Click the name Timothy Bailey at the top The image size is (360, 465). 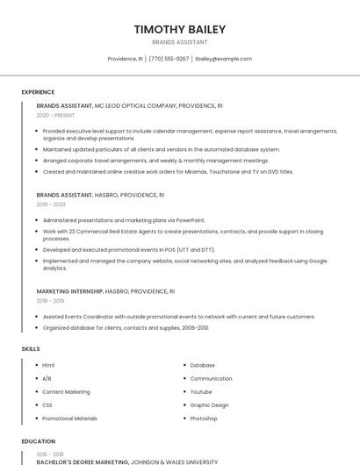(x=180, y=29)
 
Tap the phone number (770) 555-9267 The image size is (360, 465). (x=169, y=59)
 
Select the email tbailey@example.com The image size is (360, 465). (x=223, y=59)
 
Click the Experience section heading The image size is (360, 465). (x=38, y=92)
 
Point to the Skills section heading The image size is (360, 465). (x=31, y=349)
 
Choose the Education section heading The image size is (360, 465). (x=39, y=441)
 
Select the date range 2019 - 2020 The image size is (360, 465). (x=51, y=204)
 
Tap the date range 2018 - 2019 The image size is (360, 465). (x=50, y=300)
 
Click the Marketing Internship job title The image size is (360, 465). (x=69, y=290)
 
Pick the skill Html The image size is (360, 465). (x=48, y=365)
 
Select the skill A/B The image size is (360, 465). (x=47, y=378)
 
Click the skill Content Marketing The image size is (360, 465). (x=66, y=392)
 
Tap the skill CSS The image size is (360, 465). (x=47, y=405)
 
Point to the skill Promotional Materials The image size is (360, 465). (x=69, y=418)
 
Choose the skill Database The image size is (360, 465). (x=202, y=365)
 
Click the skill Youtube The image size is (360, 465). (x=201, y=392)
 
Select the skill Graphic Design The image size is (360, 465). (x=209, y=405)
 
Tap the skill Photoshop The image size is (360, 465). (x=204, y=418)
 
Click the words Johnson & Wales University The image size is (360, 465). (x=175, y=461)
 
